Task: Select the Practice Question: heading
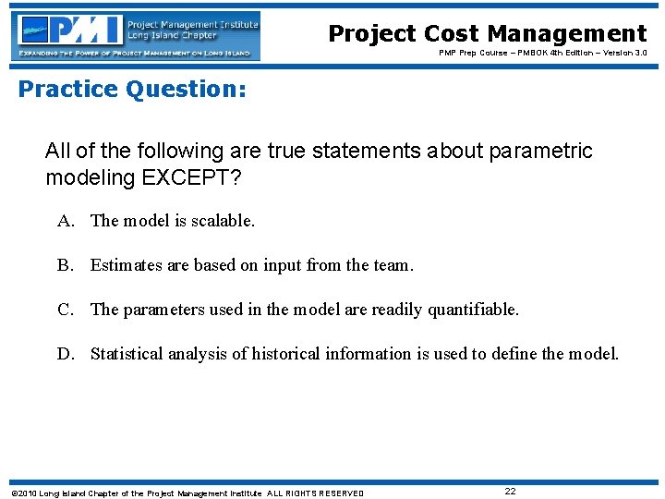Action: (x=132, y=90)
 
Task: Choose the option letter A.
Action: (x=65, y=221)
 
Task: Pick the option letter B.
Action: (x=65, y=265)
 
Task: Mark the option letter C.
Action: (x=65, y=310)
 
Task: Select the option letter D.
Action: (x=65, y=354)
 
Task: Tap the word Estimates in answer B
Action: (x=126, y=265)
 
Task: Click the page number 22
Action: (x=510, y=492)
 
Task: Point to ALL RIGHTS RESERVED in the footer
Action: (x=315, y=493)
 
